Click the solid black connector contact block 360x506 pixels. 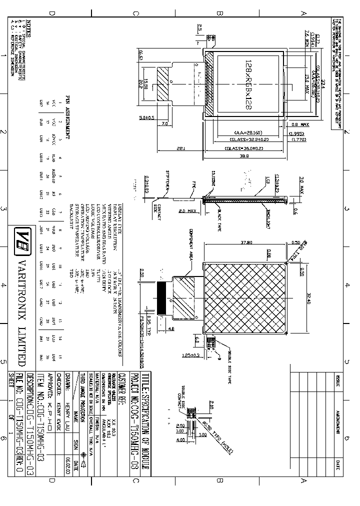pos(162,298)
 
